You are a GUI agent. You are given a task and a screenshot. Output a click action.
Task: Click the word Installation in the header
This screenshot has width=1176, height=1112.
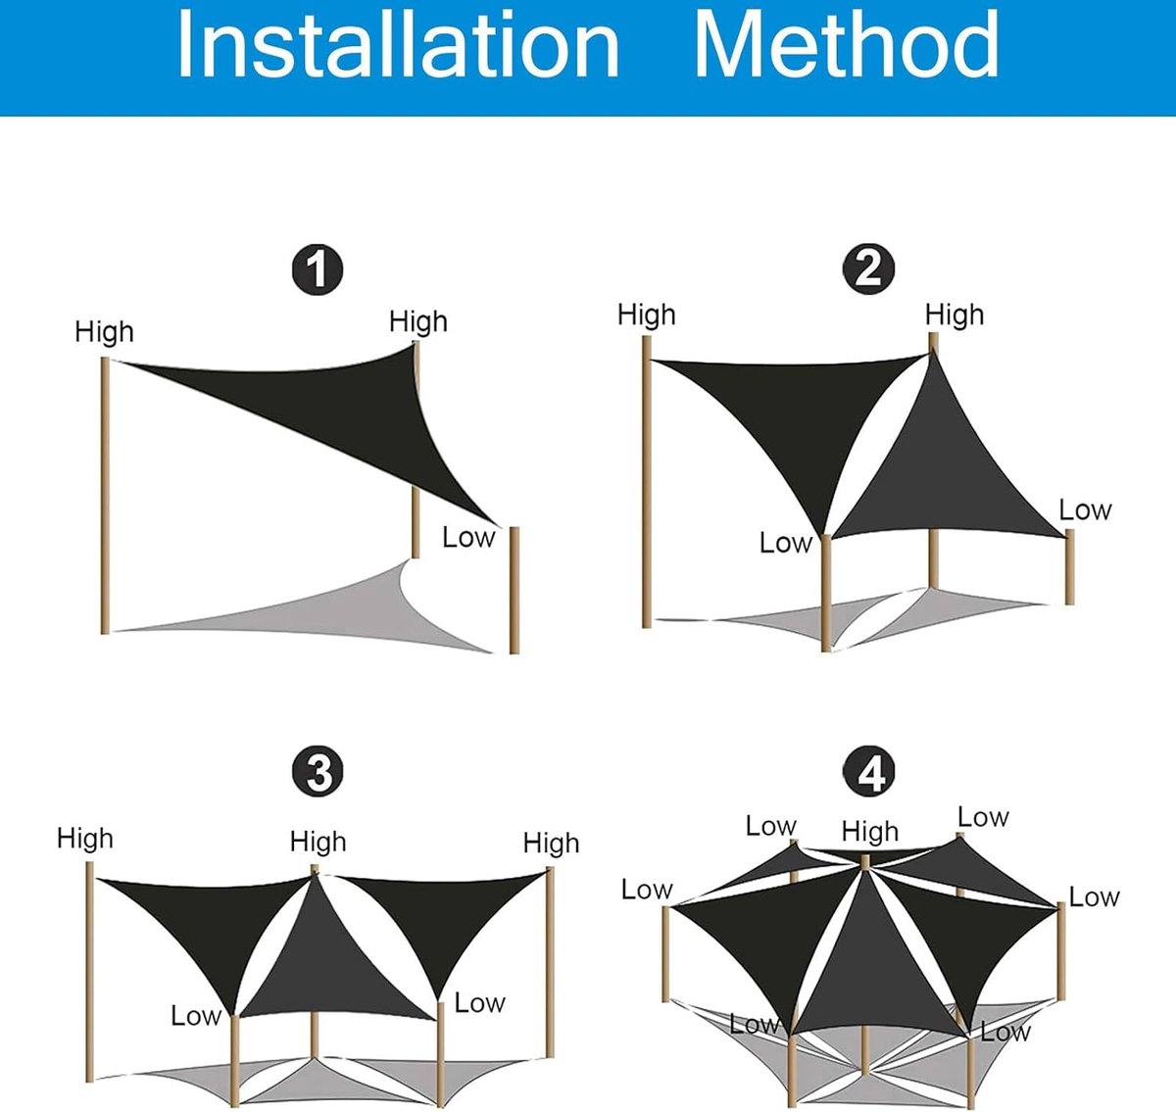pyautogui.click(x=398, y=44)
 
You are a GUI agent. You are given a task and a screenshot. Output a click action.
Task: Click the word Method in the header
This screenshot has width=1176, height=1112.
pyautogui.click(x=847, y=44)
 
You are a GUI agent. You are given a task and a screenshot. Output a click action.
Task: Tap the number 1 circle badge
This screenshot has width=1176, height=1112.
pyautogui.click(x=317, y=269)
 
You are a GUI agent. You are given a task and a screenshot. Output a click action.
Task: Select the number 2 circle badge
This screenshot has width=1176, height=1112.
pyautogui.click(x=868, y=268)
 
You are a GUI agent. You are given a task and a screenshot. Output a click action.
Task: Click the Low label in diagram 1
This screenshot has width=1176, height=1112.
pyautogui.click(x=468, y=537)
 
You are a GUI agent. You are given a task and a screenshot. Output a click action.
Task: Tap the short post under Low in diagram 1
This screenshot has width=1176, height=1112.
pyautogui.click(x=514, y=591)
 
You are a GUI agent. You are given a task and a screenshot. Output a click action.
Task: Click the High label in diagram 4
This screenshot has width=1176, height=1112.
pyautogui.click(x=869, y=832)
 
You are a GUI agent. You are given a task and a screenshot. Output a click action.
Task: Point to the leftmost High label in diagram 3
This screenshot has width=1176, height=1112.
pyautogui.click(x=85, y=839)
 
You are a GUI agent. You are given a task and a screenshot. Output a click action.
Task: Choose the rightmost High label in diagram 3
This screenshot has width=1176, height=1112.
pyautogui.click(x=551, y=844)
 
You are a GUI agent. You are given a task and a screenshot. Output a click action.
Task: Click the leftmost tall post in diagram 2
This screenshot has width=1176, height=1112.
pyautogui.click(x=647, y=481)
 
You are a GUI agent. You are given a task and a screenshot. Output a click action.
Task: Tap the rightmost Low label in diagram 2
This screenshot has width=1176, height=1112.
pyautogui.click(x=1085, y=509)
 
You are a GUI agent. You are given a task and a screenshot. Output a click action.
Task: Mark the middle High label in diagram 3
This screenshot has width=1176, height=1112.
pyautogui.click(x=318, y=842)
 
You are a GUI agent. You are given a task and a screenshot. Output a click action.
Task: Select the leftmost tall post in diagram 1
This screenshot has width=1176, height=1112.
pyautogui.click(x=105, y=496)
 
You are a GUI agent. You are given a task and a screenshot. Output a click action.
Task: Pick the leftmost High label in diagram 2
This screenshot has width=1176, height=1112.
pyautogui.click(x=647, y=314)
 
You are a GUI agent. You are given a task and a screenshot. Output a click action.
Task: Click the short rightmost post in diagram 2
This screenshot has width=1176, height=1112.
pyautogui.click(x=1069, y=566)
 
